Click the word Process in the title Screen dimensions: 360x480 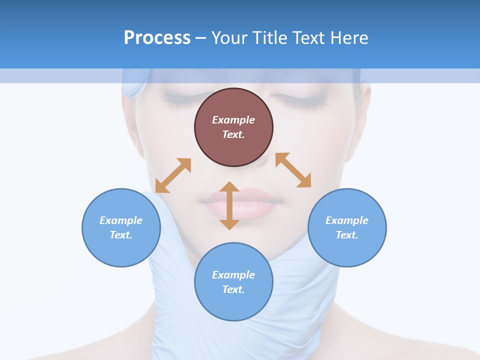157,38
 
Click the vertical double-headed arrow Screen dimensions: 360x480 229,205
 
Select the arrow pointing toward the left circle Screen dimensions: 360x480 173,175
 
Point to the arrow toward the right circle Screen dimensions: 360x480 293,170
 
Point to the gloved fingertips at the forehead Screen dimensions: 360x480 132,85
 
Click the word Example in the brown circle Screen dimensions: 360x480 233,120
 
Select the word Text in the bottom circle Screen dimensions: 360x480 233,289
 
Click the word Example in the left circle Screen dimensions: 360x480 121,220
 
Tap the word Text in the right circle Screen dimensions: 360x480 347,235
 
